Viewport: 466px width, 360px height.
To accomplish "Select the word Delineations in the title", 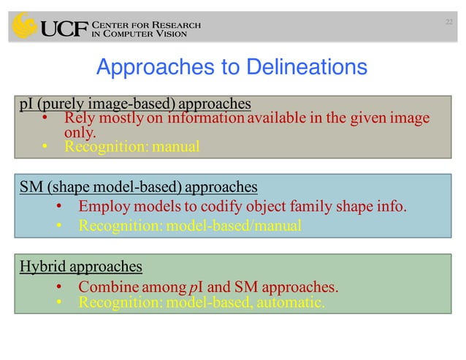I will pos(294,68).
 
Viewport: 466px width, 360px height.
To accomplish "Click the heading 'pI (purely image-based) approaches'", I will pos(135,103).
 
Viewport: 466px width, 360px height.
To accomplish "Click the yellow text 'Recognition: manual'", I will pos(131,147).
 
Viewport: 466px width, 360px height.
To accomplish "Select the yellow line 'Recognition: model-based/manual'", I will pos(189,226).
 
